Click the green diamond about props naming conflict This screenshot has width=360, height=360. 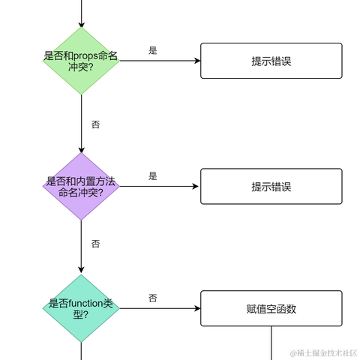(81, 61)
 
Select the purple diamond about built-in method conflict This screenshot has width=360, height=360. (81, 187)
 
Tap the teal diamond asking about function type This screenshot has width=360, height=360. (81, 308)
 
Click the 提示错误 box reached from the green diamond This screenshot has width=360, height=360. (271, 61)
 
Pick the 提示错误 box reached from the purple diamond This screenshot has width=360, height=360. (271, 187)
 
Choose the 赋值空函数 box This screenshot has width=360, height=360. (271, 308)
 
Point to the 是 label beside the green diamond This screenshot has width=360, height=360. (153, 51)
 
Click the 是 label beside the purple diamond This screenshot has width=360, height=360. (153, 176)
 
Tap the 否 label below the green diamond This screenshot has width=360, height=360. (95, 124)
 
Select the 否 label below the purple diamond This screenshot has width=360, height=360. (95, 244)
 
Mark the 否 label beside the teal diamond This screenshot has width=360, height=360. (153, 298)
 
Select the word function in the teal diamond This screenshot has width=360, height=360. (85, 303)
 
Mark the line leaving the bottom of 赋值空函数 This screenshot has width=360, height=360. (271, 341)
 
